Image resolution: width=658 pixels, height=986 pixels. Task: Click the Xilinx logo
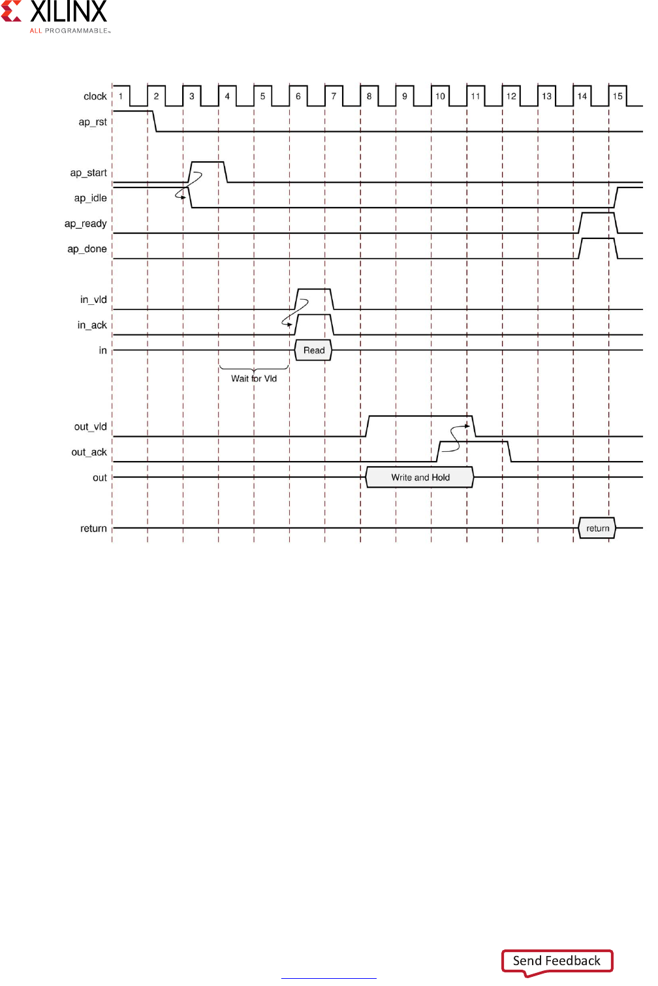[x=55, y=16]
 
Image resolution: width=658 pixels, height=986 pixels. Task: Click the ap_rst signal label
[x=93, y=122]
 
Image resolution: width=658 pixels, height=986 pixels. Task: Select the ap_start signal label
[x=89, y=173]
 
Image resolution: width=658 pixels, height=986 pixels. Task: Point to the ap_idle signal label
[x=91, y=199]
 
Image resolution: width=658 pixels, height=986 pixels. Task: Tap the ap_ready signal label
[x=86, y=224]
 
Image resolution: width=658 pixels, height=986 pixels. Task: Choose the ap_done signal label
[x=87, y=249]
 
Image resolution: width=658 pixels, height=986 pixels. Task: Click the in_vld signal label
[x=93, y=300]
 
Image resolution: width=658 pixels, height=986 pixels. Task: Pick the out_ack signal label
[x=89, y=453]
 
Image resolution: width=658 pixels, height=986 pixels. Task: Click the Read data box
[x=314, y=351]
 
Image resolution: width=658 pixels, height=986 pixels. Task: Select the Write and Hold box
[x=420, y=477]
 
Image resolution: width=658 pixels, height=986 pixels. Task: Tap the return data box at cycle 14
[x=597, y=528]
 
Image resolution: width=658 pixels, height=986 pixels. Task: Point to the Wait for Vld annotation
[x=254, y=379]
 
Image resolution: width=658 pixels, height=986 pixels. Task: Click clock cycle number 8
[x=369, y=97]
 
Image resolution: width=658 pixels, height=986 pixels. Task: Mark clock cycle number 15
[x=618, y=97]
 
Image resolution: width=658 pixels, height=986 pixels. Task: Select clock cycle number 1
[x=121, y=97]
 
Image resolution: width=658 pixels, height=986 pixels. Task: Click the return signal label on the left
[x=93, y=529]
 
